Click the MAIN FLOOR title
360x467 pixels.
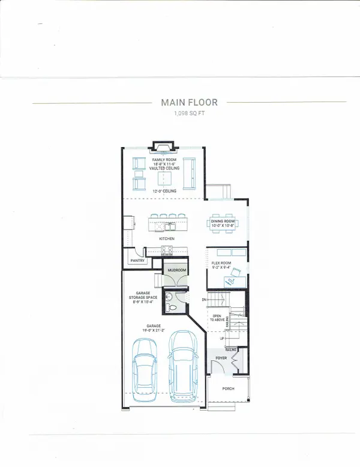click(188, 103)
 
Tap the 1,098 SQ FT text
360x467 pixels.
click(188, 113)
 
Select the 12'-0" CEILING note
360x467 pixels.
click(164, 191)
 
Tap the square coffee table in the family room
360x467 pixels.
click(165, 178)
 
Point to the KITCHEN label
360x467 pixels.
click(166, 238)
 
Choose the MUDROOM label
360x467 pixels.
click(177, 270)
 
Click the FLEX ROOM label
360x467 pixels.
click(221, 263)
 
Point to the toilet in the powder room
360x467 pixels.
click(172, 307)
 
